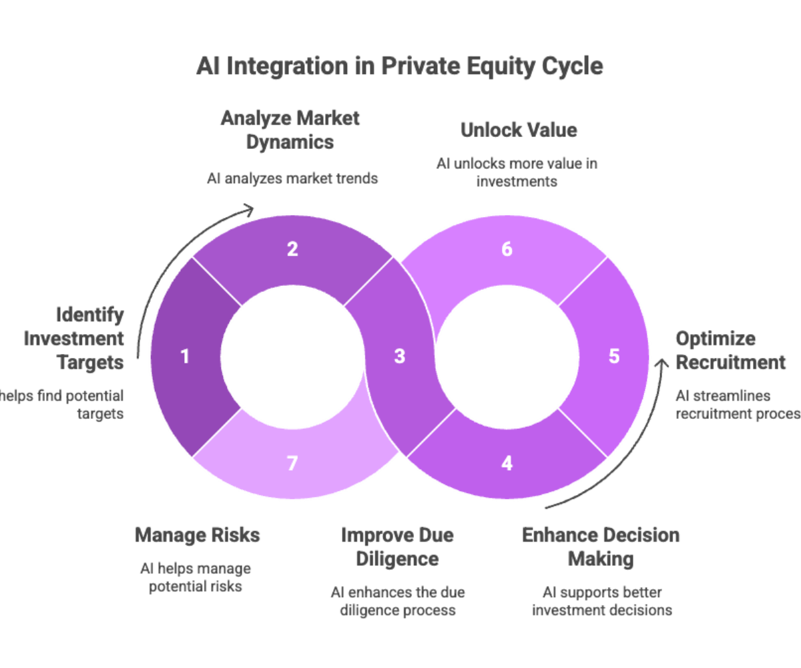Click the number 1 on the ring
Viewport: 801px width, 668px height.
coord(185,357)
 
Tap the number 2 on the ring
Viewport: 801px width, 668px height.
coord(292,250)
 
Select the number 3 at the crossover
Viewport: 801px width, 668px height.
coord(399,357)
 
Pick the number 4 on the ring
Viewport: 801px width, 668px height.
coord(507,463)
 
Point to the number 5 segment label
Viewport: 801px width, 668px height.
coord(614,356)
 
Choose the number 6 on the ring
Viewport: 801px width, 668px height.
coord(507,250)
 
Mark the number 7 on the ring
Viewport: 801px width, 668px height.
coord(292,463)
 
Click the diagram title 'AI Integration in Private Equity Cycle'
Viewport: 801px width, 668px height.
coord(399,66)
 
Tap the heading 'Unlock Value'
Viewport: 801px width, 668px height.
coord(518,130)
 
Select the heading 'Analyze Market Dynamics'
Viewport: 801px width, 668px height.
coord(290,130)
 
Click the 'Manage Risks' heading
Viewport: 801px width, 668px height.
coord(197,535)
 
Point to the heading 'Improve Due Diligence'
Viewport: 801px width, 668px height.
coord(397,546)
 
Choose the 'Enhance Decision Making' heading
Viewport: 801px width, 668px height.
coord(601,546)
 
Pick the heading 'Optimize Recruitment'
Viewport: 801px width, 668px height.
coord(730,350)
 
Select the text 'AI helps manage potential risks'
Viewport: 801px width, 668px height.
coord(196,578)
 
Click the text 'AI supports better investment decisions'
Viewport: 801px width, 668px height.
coord(601,601)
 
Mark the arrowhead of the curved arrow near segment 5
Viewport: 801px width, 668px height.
coord(661,361)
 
